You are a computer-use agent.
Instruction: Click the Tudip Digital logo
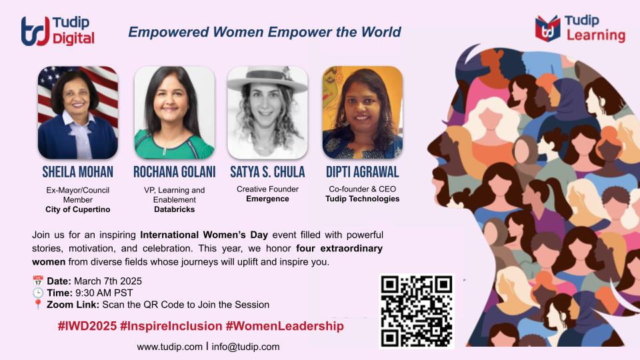57,31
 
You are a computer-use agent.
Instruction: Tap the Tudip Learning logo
579,28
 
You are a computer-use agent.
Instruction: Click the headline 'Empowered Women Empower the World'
265,32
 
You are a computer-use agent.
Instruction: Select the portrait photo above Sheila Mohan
78,112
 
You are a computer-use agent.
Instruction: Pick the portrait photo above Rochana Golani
174,112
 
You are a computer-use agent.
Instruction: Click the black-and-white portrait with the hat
267,112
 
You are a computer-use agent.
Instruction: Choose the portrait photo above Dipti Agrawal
363,112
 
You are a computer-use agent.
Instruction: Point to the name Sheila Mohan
78,172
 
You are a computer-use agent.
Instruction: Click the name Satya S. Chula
267,172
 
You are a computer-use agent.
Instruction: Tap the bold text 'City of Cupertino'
78,209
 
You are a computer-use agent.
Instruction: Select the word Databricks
174,209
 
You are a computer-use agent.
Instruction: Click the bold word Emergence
267,199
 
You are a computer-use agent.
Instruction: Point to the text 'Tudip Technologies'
363,199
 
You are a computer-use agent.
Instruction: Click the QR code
417,311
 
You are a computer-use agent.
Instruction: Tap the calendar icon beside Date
37,281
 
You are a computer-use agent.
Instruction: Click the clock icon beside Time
37,293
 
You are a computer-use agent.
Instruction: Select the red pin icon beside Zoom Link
37,305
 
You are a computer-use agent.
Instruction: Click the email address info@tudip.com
245,347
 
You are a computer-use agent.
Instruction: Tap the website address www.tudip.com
169,347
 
